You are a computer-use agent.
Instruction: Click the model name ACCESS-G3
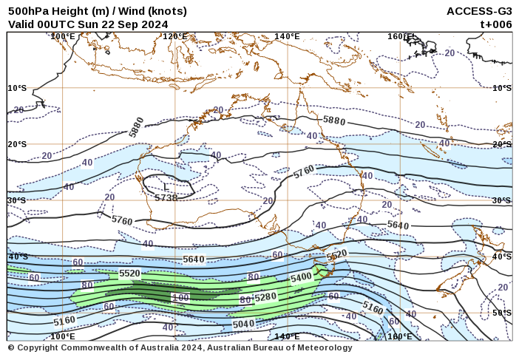[479, 11]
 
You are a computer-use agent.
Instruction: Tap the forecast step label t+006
[496, 24]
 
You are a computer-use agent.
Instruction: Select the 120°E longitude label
[175, 36]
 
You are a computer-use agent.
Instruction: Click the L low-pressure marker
[166, 189]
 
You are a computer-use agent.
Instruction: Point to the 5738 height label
[166, 198]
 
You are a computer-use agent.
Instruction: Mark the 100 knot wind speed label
[180, 297]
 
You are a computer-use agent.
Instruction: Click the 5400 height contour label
[301, 277]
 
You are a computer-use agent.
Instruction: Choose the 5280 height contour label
[265, 296]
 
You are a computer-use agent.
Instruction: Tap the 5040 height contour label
[243, 324]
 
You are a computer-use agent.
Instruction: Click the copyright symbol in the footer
[11, 347]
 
